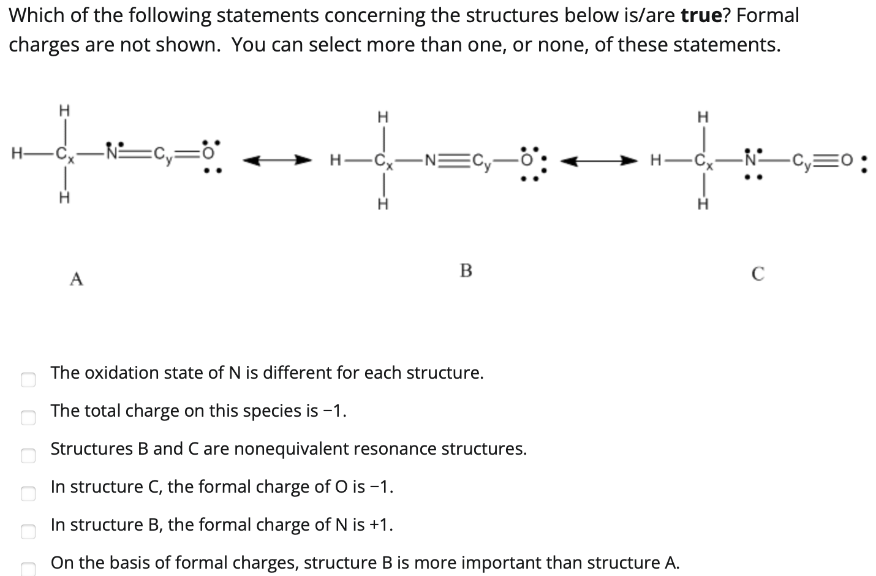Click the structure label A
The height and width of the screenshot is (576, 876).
pos(76,279)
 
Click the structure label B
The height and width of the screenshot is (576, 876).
pos(466,270)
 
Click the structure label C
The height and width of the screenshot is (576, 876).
pos(757,274)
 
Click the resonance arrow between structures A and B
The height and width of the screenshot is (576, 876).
pos(273,161)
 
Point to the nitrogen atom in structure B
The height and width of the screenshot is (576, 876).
pos(429,162)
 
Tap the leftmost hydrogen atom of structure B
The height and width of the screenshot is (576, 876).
pos(335,162)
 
